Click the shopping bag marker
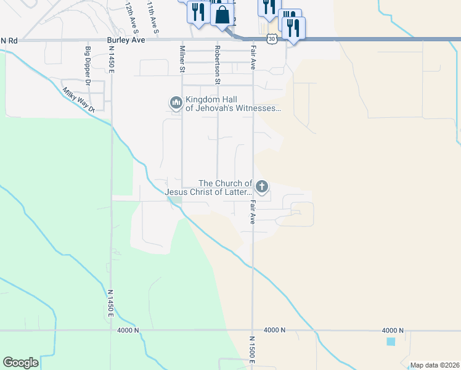222,14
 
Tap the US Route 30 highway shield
272,39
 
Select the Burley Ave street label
125,40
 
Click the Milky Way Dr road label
78,99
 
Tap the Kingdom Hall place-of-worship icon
176,102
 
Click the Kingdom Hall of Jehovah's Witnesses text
233,104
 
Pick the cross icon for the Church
262,186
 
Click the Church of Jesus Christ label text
209,187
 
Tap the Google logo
20,363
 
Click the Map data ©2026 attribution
434,365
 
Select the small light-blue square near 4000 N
390,341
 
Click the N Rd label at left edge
9,40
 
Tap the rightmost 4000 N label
393,331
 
